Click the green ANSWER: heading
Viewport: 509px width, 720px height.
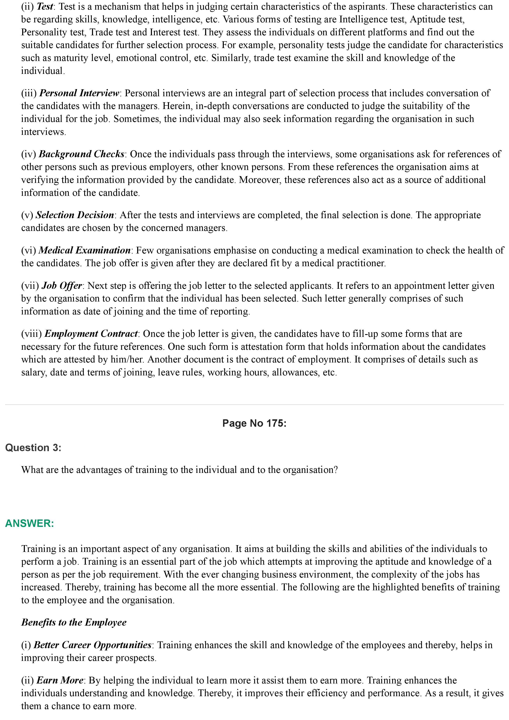30,523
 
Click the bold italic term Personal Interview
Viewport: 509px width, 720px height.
79,93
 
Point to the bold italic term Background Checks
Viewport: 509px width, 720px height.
81,154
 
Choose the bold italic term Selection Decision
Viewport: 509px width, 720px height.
75,215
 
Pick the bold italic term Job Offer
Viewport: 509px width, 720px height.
62,286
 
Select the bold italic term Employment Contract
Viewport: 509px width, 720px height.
91,334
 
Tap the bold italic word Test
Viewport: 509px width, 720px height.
45,7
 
